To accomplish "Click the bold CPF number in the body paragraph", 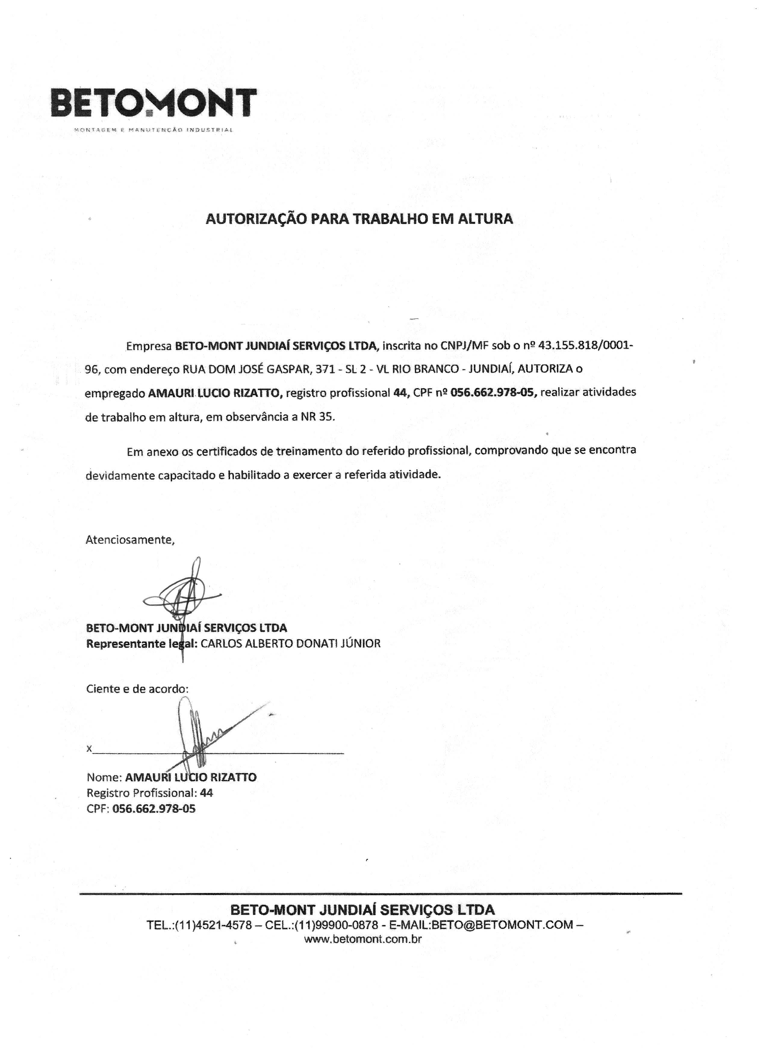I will point(494,393).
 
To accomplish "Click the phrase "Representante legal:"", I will point(142,644).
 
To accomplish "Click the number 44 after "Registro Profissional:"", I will point(206,793).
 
